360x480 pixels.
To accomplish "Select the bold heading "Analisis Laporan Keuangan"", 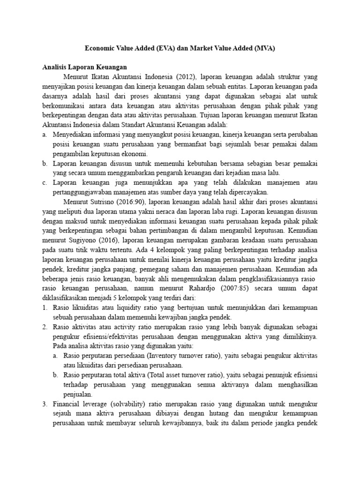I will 84,67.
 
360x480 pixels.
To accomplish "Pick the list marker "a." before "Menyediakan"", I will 45,135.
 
